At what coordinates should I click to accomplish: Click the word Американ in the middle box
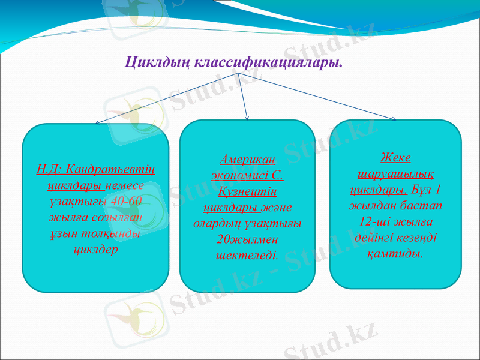coord(247,161)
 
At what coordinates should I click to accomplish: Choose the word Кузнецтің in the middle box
coord(247,192)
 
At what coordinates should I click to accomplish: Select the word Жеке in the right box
coord(395,158)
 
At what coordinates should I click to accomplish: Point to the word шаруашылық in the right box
coord(395,174)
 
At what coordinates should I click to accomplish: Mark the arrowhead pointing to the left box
coord(98,122)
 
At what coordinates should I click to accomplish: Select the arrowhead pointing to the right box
coord(393,119)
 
